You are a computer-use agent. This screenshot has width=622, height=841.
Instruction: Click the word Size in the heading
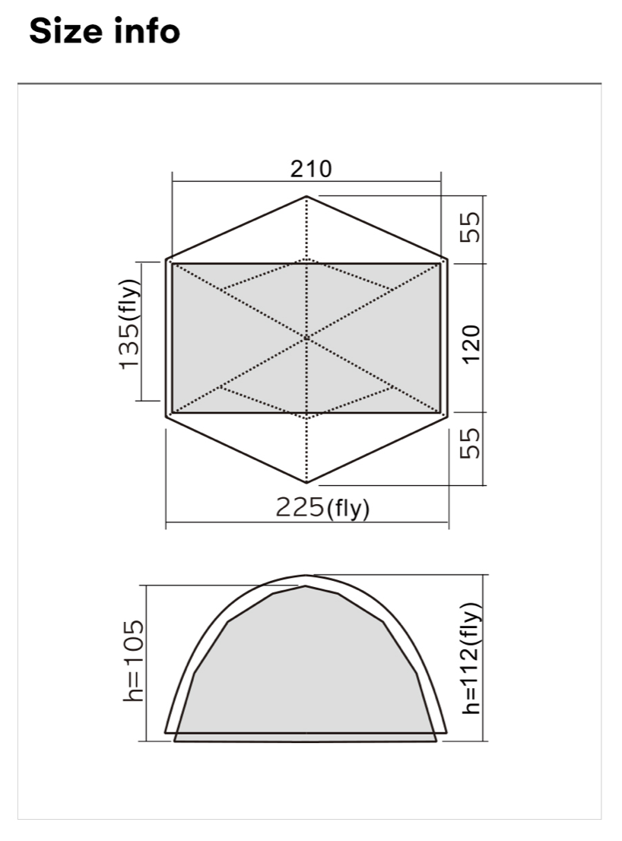click(x=65, y=30)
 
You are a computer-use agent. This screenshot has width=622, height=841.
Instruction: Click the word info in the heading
click(x=147, y=30)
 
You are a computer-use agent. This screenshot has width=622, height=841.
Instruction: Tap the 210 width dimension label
click(x=311, y=169)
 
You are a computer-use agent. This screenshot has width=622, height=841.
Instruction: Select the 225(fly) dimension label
click(x=323, y=507)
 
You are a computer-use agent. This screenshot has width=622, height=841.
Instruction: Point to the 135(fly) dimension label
click(x=130, y=324)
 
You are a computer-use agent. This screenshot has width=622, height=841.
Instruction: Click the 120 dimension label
click(x=471, y=344)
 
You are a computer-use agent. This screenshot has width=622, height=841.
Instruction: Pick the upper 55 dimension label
click(x=470, y=227)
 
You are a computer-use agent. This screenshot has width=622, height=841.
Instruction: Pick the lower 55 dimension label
click(x=470, y=443)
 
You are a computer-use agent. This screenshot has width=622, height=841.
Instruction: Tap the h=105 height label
click(x=134, y=661)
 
